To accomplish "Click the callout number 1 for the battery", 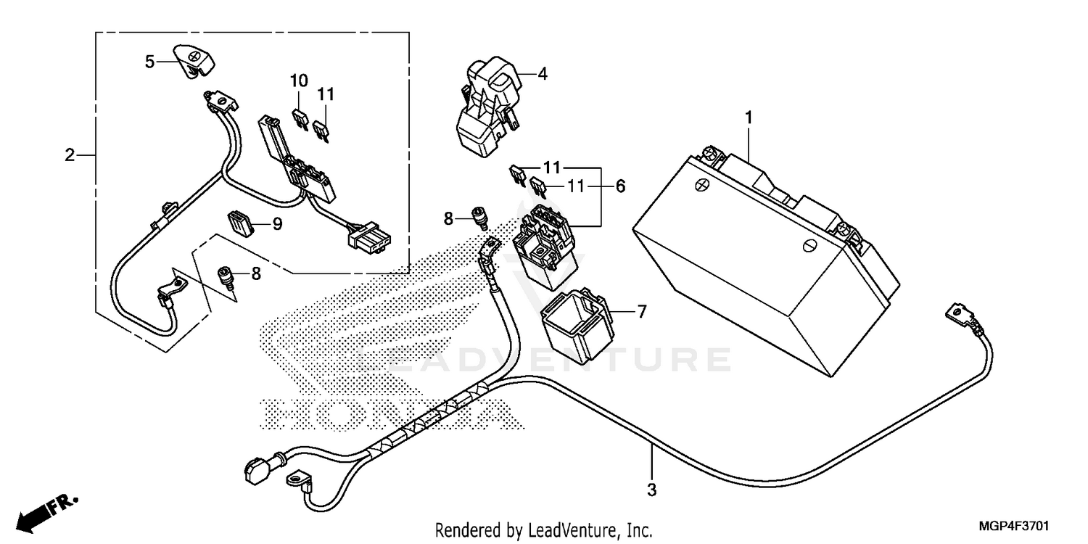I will coord(749,118).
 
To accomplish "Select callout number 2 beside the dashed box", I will coord(70,154).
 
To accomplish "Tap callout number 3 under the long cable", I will coord(651,490).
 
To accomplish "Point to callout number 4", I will coord(542,73).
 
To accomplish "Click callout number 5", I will coord(149,62).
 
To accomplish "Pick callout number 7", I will coord(640,312).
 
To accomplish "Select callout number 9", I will coord(277,225).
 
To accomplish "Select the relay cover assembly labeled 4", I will coord(484,105).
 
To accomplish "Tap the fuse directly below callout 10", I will coord(300,118).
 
